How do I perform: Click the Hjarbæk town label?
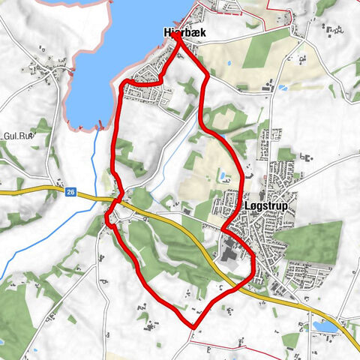tap(184, 33)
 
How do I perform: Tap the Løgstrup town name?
tap(265, 205)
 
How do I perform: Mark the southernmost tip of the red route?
tap(193, 327)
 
